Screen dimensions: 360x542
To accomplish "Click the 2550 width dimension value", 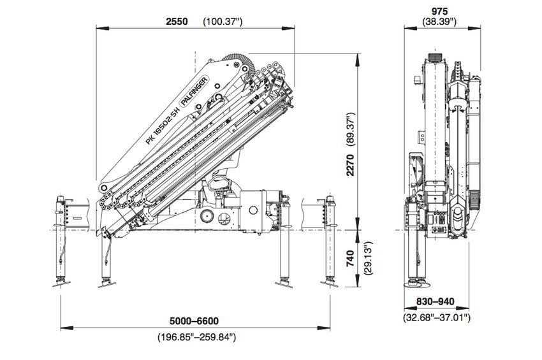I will point(177,21).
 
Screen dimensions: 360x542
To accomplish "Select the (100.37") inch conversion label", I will point(223,21).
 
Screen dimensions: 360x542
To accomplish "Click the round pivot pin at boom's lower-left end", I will point(103,189).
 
